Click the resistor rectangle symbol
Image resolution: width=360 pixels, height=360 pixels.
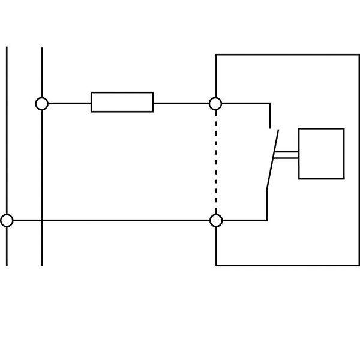click(122, 102)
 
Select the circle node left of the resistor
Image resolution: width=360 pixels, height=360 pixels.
click(41, 103)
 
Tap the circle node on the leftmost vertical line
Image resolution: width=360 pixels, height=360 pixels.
click(7, 220)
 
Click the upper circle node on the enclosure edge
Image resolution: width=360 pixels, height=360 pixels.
click(215, 103)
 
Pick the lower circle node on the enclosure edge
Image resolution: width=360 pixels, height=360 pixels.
click(216, 220)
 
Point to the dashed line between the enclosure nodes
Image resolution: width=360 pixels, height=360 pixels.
click(216, 162)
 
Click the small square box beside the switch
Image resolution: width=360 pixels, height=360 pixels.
click(321, 153)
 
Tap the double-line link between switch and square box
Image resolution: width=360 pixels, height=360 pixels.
click(286, 155)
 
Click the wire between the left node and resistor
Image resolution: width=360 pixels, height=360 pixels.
click(69, 103)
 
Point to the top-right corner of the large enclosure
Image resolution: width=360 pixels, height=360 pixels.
click(359, 55)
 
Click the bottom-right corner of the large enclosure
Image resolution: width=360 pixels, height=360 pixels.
click(359, 265)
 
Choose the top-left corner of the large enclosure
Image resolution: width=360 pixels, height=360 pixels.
click(216, 55)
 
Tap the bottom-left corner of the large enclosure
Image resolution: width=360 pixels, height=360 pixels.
click(216, 265)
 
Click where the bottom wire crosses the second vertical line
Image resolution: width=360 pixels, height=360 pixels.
click(42, 220)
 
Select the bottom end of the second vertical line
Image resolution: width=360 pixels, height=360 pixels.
click(42, 265)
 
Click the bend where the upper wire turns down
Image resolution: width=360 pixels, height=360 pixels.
click(270, 103)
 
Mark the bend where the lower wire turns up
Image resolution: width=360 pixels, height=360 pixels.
click(267, 220)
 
